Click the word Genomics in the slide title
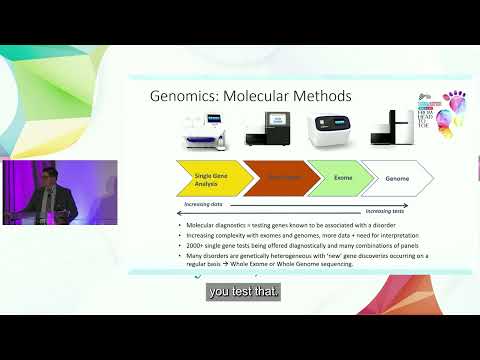pyautogui.click(x=182, y=97)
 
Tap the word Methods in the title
pyautogui.click(x=317, y=97)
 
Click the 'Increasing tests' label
pyautogui.click(x=386, y=211)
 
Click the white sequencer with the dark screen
pyautogui.click(x=334, y=131)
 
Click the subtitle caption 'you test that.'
pyautogui.click(x=244, y=293)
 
